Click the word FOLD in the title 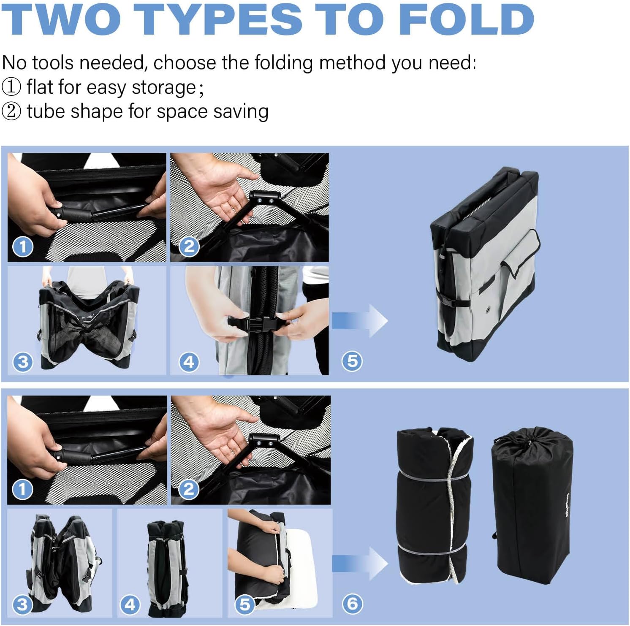pos(466,19)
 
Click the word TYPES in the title pos(220,19)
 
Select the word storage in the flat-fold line pos(164,88)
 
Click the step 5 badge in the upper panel pos(352,361)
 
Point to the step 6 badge pos(352,604)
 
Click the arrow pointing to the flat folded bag pos(360,321)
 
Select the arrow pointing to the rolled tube pos(360,564)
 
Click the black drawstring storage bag pos(532,506)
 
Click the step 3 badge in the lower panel pos(22,604)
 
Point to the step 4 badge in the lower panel pos(130,604)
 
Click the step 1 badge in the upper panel pos(23,247)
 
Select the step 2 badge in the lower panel pos(189,489)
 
